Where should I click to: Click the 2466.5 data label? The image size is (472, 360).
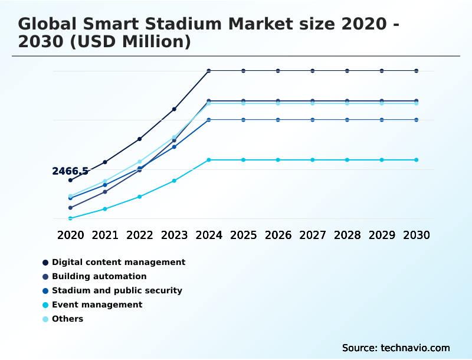(x=70, y=171)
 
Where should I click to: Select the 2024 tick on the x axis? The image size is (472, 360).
(x=209, y=235)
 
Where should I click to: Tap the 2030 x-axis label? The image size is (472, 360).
(x=417, y=235)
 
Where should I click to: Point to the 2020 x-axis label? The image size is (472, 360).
(x=70, y=235)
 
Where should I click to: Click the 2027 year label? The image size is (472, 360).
(x=313, y=235)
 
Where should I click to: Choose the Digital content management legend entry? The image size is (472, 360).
(x=118, y=262)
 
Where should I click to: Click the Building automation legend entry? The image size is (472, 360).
(x=99, y=276)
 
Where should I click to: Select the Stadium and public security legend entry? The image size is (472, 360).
(x=117, y=290)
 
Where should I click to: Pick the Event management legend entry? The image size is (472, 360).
(x=97, y=305)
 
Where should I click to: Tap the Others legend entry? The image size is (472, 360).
(x=67, y=319)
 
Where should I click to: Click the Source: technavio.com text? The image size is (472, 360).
(x=396, y=348)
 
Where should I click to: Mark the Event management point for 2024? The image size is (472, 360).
(x=209, y=160)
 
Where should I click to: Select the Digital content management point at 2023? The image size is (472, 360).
(x=174, y=109)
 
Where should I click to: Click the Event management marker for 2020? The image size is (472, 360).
(x=70, y=218)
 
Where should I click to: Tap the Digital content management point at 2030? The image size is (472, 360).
(x=417, y=71)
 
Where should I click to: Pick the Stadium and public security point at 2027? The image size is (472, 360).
(x=313, y=120)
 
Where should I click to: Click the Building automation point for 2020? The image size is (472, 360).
(x=70, y=208)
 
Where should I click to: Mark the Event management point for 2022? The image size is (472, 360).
(x=140, y=197)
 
